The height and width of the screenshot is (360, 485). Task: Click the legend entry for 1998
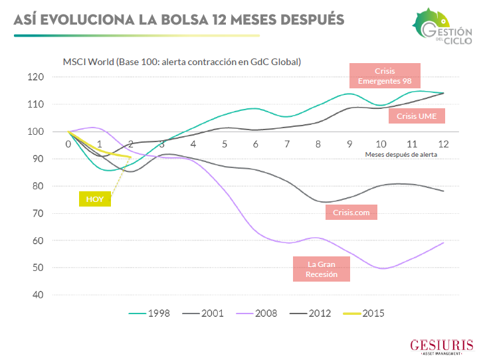[x=149, y=313]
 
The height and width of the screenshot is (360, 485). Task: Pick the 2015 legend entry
[x=364, y=313]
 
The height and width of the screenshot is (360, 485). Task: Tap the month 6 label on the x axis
[x=256, y=143]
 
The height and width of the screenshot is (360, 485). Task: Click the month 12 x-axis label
[x=442, y=143]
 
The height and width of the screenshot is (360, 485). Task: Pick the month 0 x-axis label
[x=68, y=143]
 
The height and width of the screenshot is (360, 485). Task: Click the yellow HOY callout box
[x=95, y=199]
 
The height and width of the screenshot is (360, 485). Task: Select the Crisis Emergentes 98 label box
[x=385, y=76]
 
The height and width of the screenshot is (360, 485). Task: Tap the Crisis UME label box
[x=416, y=116]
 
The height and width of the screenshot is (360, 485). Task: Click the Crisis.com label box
[x=351, y=212]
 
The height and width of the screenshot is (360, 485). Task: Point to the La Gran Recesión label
[x=322, y=269]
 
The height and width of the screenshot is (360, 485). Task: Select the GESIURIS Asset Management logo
[x=442, y=346]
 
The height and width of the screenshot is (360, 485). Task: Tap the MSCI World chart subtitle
[x=181, y=62]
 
